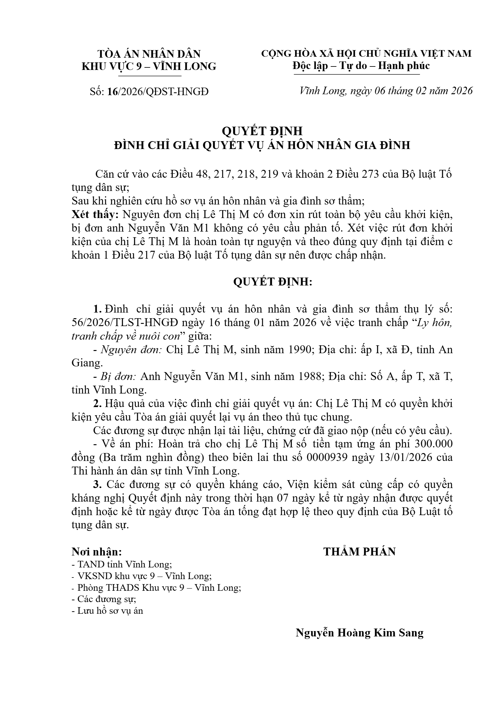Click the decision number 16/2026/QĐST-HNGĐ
point(158,92)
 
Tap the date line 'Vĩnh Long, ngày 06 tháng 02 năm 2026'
point(386,91)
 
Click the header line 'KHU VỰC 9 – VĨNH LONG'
point(149,66)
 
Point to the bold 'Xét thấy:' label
point(95,215)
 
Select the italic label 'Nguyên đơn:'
point(131,349)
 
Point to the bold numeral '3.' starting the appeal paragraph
point(97,484)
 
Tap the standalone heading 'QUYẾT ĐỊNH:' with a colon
point(273,282)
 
